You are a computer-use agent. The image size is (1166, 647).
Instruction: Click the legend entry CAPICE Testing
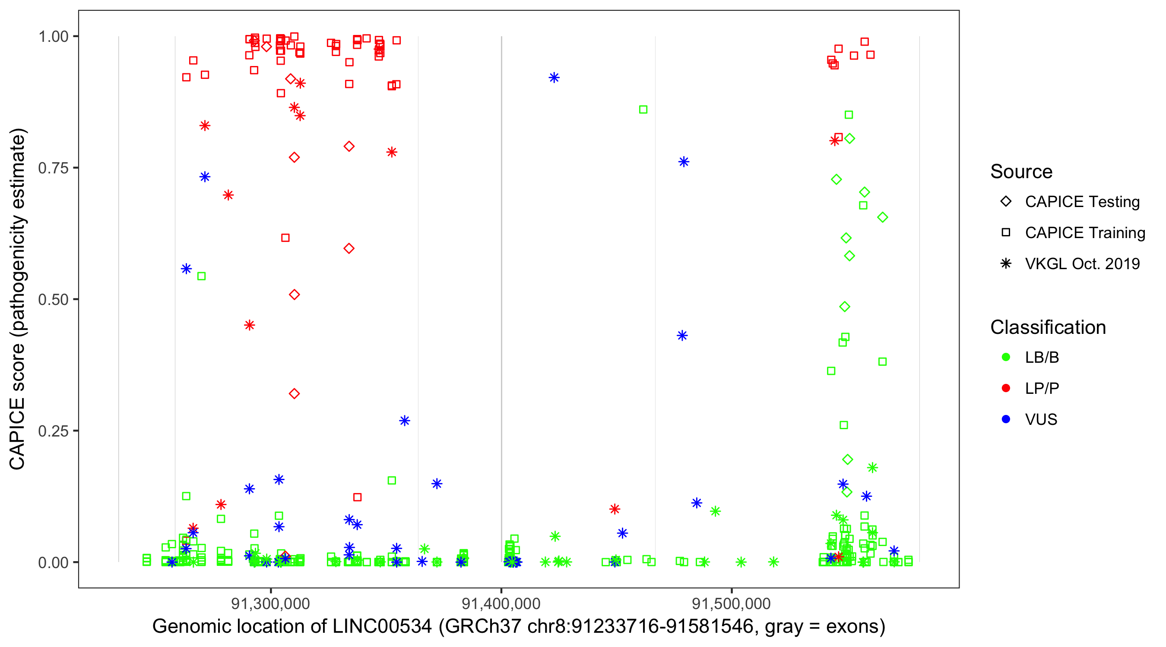pyautogui.click(x=1082, y=202)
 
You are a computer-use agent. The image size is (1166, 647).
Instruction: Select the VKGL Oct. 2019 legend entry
pyautogui.click(x=1082, y=264)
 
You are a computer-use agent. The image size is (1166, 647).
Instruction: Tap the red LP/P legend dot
pyautogui.click(x=1006, y=388)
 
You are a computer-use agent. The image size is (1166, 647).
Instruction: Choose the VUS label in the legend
pyautogui.click(x=1041, y=420)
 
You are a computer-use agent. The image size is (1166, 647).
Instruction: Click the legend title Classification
pyautogui.click(x=1048, y=327)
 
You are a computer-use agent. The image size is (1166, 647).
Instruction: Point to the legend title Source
pyautogui.click(x=1021, y=172)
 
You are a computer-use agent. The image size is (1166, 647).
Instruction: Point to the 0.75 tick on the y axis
pyautogui.click(x=53, y=168)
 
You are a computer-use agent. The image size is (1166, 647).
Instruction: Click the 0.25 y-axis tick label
pyautogui.click(x=53, y=431)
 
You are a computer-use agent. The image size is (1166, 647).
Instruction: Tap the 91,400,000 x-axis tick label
pyautogui.click(x=501, y=603)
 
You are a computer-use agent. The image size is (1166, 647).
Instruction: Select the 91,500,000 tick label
pyautogui.click(x=732, y=603)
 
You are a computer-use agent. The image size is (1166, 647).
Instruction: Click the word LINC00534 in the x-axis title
pyautogui.click(x=382, y=627)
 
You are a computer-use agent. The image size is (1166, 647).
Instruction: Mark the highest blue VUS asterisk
pyautogui.click(x=554, y=78)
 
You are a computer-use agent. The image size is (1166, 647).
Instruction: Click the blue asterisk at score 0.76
pyautogui.click(x=684, y=162)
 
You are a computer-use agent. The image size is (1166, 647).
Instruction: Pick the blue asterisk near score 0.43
pyautogui.click(x=682, y=336)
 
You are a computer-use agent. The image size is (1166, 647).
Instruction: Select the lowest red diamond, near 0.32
pyautogui.click(x=294, y=394)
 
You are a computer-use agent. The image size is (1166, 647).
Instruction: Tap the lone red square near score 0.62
pyautogui.click(x=285, y=238)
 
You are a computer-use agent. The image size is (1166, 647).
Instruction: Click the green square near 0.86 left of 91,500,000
pyautogui.click(x=643, y=110)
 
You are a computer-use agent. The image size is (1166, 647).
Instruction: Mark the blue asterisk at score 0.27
pyautogui.click(x=405, y=421)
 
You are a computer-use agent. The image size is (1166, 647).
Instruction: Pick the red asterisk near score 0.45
pyautogui.click(x=250, y=325)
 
